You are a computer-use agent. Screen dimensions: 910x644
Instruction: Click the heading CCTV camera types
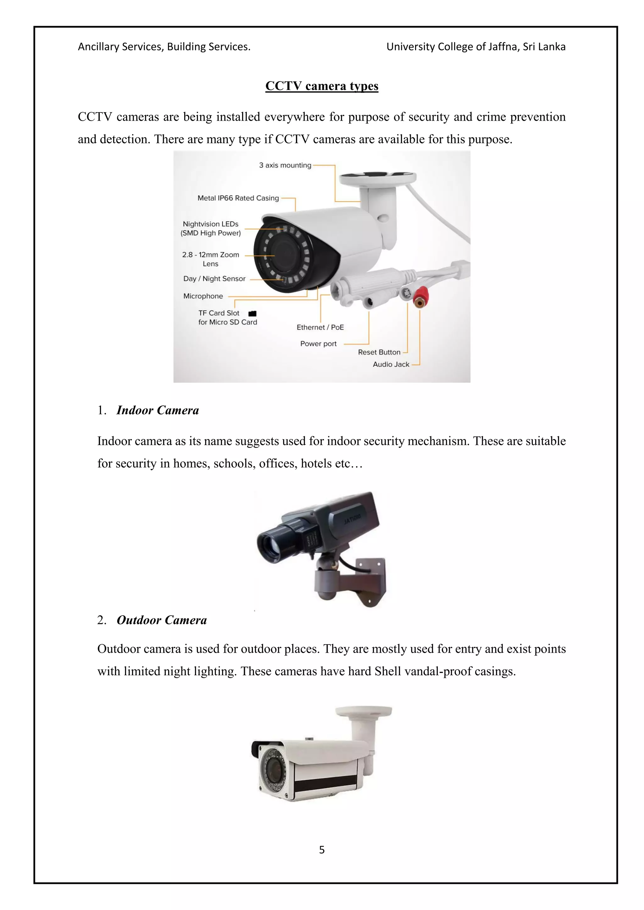[322, 86]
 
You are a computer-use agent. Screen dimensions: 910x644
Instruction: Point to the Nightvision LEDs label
[211, 228]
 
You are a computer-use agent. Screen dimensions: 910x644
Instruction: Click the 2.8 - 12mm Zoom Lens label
[211, 259]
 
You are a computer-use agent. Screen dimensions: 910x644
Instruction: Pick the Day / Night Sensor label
[214, 279]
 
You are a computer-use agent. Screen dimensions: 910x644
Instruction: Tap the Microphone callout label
[203, 296]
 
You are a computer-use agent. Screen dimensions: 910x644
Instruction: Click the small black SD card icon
[252, 314]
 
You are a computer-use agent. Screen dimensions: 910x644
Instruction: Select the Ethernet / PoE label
[320, 327]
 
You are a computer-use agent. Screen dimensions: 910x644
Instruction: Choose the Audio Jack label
[391, 364]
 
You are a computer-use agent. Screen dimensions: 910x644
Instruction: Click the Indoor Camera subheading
[158, 410]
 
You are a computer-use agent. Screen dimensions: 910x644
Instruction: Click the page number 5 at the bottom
[322, 849]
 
